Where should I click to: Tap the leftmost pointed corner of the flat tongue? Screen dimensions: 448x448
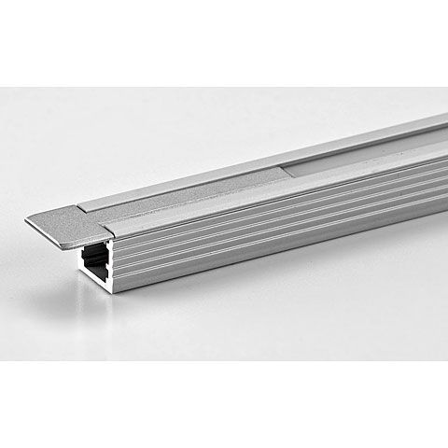28,221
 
